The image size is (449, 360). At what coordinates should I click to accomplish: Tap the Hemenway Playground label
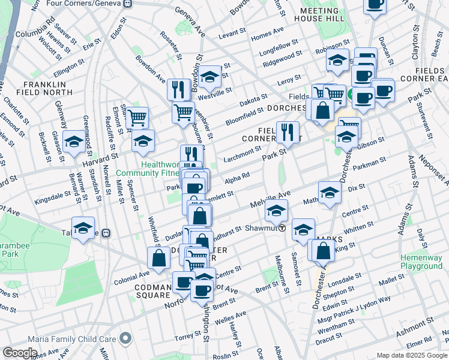[421, 262]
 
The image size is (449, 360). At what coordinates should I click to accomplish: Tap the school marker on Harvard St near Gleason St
[74, 142]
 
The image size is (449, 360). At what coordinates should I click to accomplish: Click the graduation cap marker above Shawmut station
[277, 211]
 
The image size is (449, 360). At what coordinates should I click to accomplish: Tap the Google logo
[20, 353]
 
